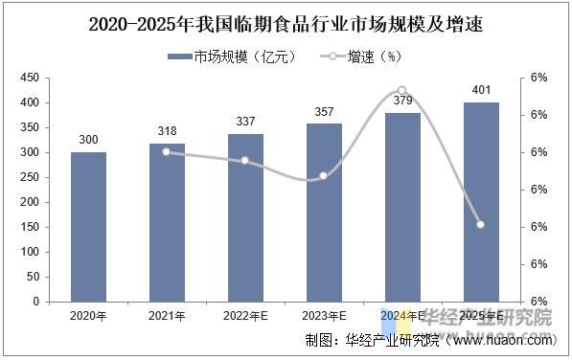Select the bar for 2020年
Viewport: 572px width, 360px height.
(88, 226)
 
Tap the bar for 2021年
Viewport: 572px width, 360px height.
(167, 222)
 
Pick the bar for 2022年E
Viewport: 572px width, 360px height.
(245, 217)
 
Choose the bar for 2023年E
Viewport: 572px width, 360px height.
(324, 213)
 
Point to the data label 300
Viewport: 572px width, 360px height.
(88, 141)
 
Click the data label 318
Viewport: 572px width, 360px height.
(167, 132)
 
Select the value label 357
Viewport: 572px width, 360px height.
(324, 112)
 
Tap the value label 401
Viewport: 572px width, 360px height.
(481, 91)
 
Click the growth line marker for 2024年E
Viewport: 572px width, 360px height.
(402, 90)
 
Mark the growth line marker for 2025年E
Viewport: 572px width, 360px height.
(481, 225)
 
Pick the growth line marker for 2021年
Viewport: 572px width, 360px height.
(167, 151)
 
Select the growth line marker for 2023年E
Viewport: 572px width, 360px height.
(324, 176)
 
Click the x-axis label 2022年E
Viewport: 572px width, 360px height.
(245, 314)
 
